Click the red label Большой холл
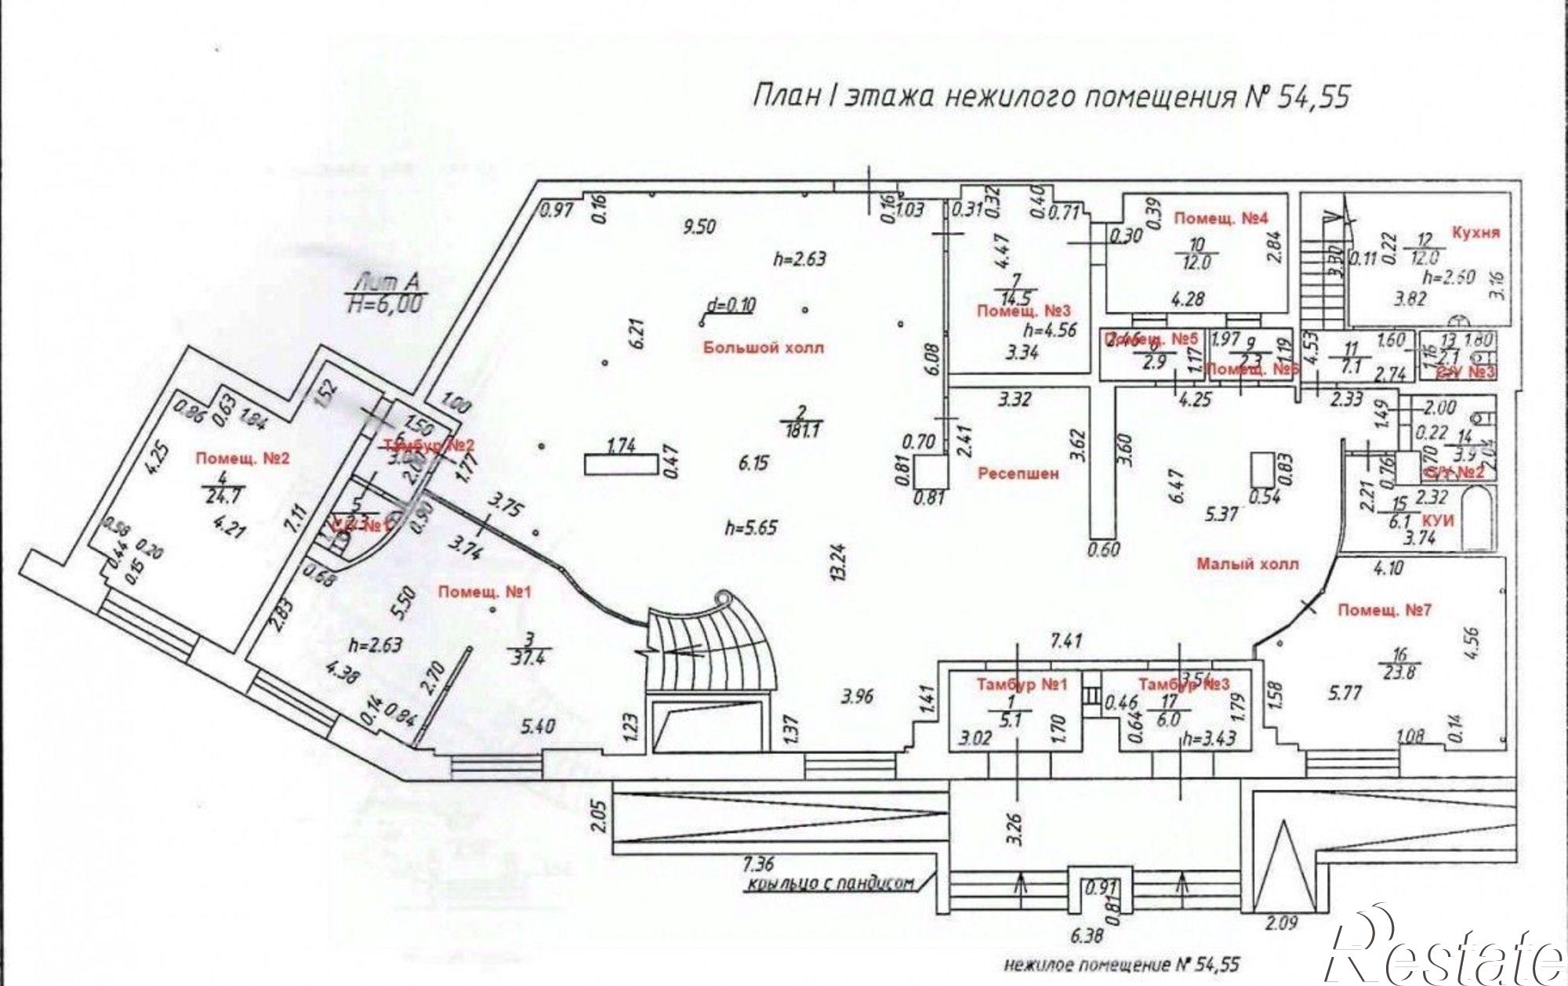point(764,348)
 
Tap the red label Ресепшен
point(1018,473)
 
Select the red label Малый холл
point(1247,564)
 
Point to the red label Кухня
point(1476,233)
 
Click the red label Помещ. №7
point(1385,610)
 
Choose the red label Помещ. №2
point(243,459)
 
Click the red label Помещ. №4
point(1219,219)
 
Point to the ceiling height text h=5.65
point(751,527)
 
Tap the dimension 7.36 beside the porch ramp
point(757,865)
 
